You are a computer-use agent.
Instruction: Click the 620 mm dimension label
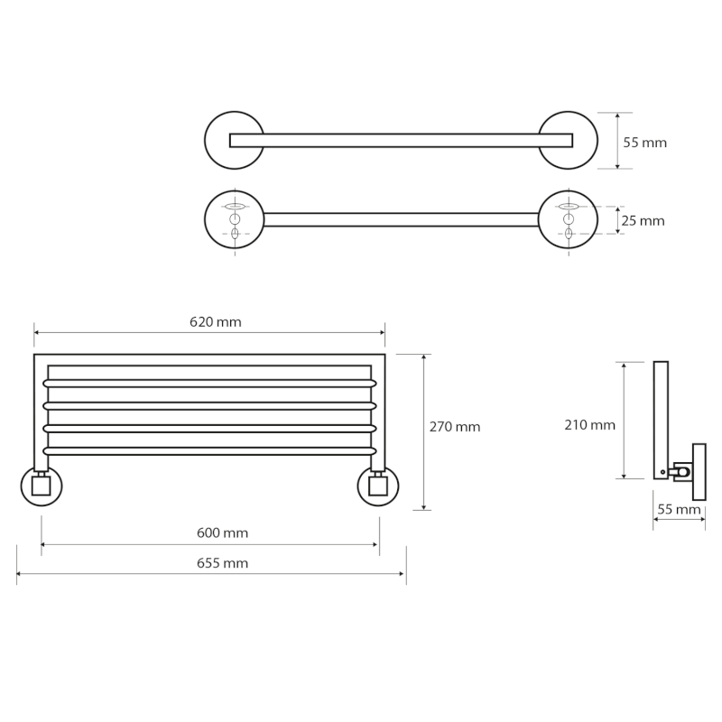pyautogui.click(x=216, y=322)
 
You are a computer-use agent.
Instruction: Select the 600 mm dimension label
pyautogui.click(x=222, y=532)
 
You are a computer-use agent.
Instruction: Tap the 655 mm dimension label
pyautogui.click(x=222, y=563)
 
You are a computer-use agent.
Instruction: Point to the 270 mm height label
pyautogui.click(x=455, y=427)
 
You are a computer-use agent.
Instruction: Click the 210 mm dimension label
pyautogui.click(x=590, y=424)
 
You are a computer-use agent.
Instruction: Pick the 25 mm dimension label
pyautogui.click(x=643, y=221)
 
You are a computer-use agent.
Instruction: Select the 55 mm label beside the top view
pyautogui.click(x=644, y=143)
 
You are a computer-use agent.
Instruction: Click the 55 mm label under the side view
pyautogui.click(x=679, y=510)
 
